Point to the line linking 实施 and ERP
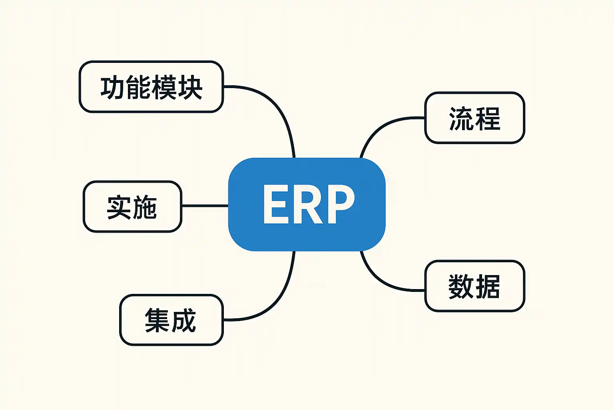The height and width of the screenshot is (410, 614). point(205,206)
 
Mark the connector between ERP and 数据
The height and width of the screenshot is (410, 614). point(380,280)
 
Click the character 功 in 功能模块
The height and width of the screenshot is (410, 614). point(113,87)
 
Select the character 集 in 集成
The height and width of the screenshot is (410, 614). point(157,320)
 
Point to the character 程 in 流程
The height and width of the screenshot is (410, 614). point(487,119)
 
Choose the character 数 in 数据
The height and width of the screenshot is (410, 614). point(461,286)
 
